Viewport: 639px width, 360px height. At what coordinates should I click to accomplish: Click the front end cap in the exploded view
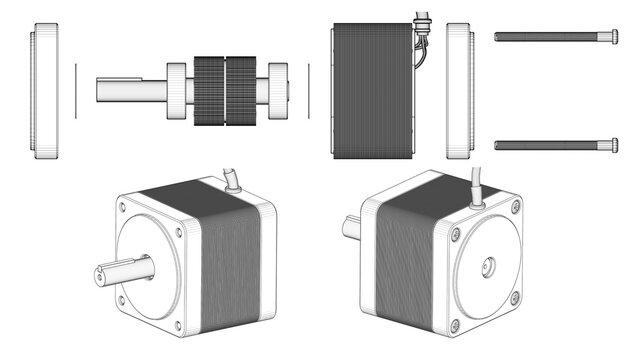[x=46, y=92]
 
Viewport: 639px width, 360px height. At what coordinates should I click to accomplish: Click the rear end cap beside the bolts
[x=459, y=92]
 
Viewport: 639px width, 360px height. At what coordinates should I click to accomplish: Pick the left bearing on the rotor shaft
[x=177, y=91]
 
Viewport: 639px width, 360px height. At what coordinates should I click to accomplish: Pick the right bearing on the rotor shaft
[x=277, y=91]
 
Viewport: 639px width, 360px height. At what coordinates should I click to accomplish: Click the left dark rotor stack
[x=210, y=91]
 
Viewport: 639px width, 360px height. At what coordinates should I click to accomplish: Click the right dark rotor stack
[x=244, y=91]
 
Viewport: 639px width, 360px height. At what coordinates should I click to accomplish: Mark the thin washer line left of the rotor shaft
[x=75, y=91]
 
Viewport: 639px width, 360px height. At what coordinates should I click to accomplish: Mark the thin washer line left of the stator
[x=310, y=91]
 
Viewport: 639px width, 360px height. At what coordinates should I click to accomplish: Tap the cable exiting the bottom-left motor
[x=233, y=181]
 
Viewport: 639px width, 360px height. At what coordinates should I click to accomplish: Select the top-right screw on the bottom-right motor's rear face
[x=515, y=207]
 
